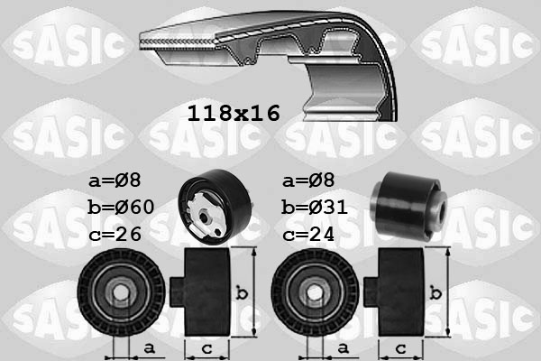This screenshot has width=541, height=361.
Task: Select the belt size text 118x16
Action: tap(234, 114)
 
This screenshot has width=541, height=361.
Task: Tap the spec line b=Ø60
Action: tap(122, 208)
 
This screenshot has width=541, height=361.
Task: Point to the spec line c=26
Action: tap(115, 234)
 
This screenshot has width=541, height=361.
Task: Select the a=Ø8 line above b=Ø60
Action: tap(115, 180)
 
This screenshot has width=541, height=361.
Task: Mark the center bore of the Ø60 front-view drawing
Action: tap(120, 293)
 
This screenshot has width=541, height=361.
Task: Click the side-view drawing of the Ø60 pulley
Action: tap(207, 292)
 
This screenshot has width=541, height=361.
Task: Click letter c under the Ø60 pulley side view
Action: tap(206, 347)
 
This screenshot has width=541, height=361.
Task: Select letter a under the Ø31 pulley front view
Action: tap(342, 347)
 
